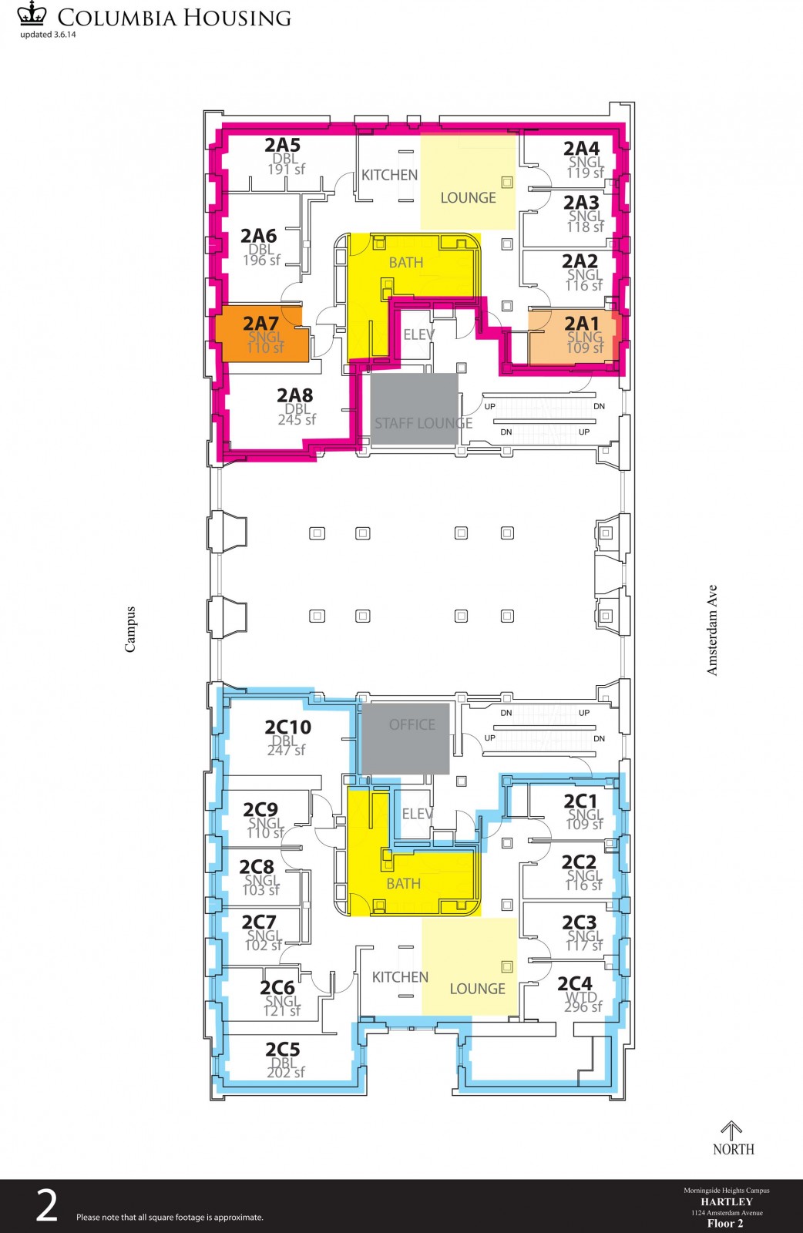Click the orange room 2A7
[262, 334]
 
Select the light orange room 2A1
[572, 338]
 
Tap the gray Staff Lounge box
[414, 409]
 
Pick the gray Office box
[405, 739]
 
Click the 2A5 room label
[282, 146]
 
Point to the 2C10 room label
[288, 727]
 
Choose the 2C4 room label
[575, 983]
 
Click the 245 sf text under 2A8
[297, 419]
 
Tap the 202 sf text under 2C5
[286, 1072]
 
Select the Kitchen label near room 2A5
[390, 175]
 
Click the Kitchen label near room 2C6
[400, 977]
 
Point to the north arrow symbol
[731, 1130]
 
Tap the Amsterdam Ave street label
[712, 630]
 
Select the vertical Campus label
[130, 630]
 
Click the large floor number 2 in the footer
[47, 1205]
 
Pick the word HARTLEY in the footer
[727, 1201]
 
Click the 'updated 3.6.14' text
[48, 35]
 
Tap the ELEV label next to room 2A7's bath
[418, 334]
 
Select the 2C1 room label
[580, 801]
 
